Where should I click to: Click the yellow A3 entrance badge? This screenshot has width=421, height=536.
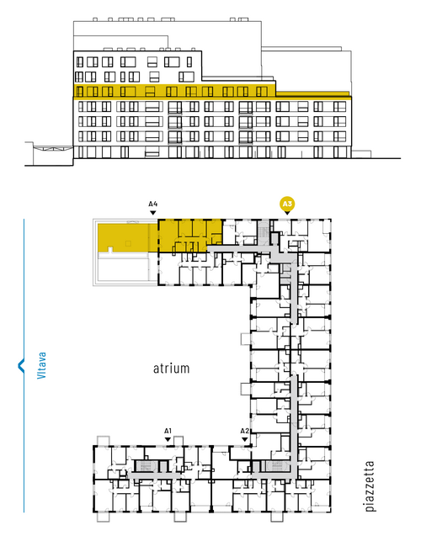click(287, 204)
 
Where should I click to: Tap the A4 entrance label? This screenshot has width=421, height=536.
click(153, 204)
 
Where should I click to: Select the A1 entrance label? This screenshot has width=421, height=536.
click(168, 431)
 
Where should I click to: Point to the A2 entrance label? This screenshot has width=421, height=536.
click(244, 431)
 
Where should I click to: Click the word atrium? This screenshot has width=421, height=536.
click(171, 369)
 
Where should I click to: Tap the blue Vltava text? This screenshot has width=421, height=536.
click(42, 365)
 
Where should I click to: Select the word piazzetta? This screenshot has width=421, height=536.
click(370, 486)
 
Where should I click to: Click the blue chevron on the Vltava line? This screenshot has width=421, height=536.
click(21, 365)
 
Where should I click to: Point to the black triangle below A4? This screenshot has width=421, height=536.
click(153, 213)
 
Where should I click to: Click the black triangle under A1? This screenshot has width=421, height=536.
click(168, 439)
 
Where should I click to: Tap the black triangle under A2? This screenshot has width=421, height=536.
click(244, 439)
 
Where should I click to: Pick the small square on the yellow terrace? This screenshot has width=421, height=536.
click(128, 243)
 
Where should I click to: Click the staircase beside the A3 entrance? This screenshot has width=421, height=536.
click(264, 232)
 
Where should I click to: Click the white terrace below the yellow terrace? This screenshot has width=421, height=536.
click(123, 267)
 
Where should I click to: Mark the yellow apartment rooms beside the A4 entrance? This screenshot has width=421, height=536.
click(189, 236)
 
